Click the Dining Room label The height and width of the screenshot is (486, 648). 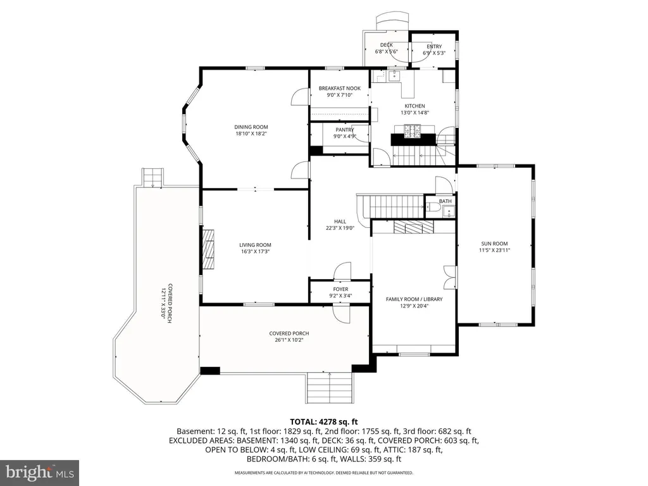tap(251, 127)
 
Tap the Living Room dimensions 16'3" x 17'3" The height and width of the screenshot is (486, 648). tap(256, 251)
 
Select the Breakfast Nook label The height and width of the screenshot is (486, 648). tap(340, 89)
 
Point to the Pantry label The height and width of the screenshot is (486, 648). tap(345, 130)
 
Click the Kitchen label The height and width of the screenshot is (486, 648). tap(414, 106)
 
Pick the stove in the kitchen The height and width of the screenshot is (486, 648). tap(413, 131)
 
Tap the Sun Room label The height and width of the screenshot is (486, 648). tap(494, 244)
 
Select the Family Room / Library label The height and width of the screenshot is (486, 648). tap(414, 299)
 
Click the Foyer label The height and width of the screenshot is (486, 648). tap(340, 289)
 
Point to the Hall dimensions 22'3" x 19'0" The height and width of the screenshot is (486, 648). tap(340, 228)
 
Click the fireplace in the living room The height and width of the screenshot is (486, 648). tap(209, 249)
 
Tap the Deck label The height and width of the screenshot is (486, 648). tap(387, 45)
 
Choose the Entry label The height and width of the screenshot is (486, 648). tap(434, 47)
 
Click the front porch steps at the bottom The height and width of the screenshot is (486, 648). tap(330, 388)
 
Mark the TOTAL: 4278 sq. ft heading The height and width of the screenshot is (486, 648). tap(323, 422)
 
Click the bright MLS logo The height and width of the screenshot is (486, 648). tap(40, 472)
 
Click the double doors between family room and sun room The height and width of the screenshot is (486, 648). tap(450, 277)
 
